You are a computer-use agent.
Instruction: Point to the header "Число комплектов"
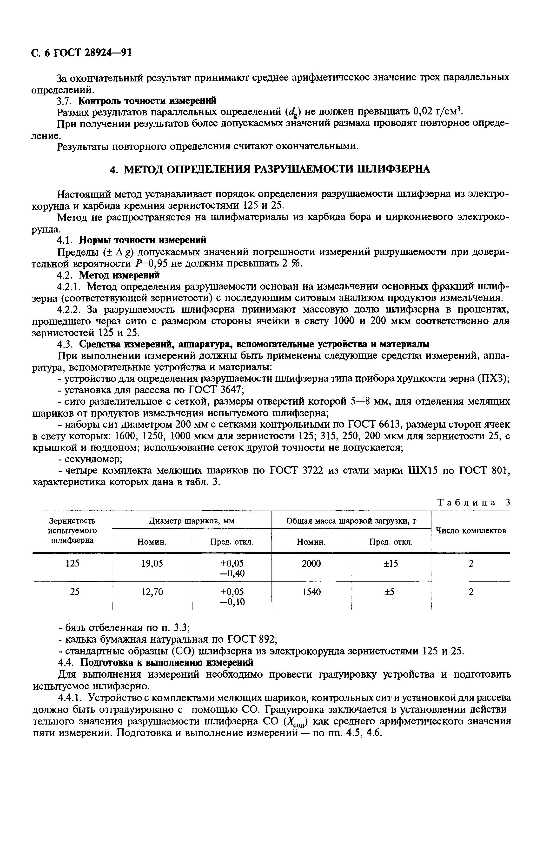coord(471,530)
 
